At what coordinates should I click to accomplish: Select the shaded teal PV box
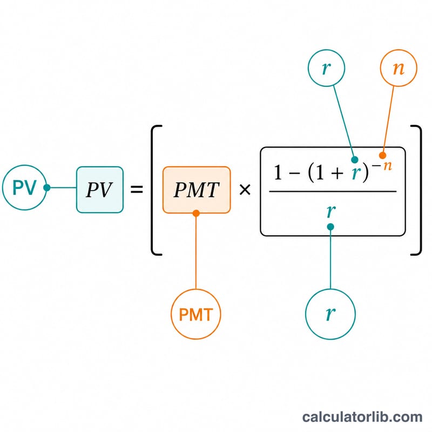(x=100, y=190)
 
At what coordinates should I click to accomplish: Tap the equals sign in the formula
(x=137, y=190)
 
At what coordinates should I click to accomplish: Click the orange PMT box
(x=197, y=190)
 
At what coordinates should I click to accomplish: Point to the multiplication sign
(x=245, y=190)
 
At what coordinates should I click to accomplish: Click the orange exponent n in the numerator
(x=388, y=166)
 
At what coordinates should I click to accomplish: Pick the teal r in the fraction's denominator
(x=331, y=211)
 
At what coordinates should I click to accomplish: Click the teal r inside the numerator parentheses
(x=356, y=173)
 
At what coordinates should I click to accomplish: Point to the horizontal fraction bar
(x=333, y=191)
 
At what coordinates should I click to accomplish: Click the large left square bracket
(x=152, y=190)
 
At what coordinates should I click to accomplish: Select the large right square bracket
(x=420, y=190)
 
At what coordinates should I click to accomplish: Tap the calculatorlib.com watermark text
(x=362, y=417)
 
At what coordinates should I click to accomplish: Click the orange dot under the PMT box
(x=196, y=213)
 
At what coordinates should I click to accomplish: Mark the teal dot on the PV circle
(x=47, y=187)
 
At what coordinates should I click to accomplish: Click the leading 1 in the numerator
(x=278, y=173)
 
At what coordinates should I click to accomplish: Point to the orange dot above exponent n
(x=382, y=156)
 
